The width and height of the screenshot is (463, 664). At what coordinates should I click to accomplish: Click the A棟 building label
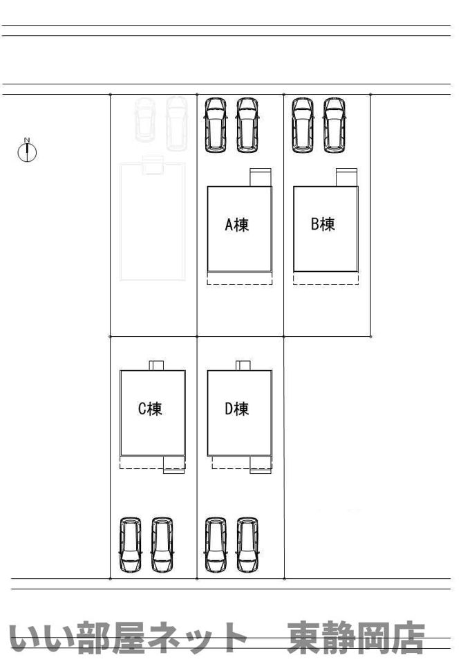click(236, 224)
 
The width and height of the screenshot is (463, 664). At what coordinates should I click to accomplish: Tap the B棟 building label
click(323, 224)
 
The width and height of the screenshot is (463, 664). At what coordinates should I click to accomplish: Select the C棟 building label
click(150, 409)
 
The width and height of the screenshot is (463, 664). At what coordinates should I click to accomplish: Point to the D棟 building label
click(236, 409)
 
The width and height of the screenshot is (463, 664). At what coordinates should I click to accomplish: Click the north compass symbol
click(27, 151)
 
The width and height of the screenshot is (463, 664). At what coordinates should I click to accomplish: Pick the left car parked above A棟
click(216, 125)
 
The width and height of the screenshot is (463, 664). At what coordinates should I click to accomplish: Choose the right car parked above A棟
click(247, 125)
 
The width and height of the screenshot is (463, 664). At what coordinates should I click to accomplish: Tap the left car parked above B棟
click(303, 125)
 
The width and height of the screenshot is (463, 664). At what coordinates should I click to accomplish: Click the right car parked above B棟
click(334, 125)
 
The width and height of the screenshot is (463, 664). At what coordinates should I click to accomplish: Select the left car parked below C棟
click(131, 544)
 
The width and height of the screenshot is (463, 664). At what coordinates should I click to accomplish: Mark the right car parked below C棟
click(162, 544)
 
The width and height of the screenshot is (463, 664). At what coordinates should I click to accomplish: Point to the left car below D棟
click(216, 544)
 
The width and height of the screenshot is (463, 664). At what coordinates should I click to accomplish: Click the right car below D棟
click(247, 544)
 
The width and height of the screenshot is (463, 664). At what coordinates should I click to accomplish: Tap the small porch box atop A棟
click(261, 178)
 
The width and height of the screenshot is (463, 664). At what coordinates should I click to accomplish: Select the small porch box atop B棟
click(347, 178)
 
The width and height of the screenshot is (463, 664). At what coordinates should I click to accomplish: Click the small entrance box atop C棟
click(156, 365)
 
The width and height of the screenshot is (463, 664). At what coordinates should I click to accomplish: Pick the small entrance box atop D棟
click(243, 365)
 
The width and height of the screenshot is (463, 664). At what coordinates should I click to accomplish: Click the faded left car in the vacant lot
click(144, 120)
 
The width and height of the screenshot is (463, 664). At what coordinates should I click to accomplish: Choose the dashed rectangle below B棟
click(326, 278)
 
